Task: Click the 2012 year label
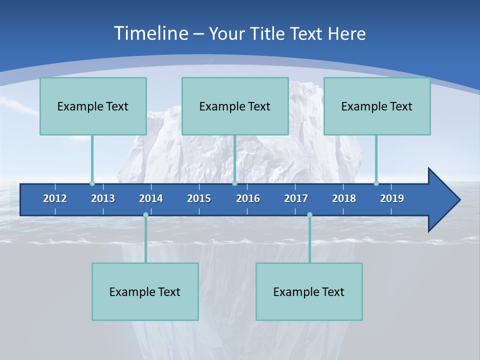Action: (55, 198)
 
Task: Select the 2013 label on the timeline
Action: (103, 198)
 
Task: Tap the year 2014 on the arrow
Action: (151, 198)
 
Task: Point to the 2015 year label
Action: (199, 198)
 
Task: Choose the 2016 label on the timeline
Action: (248, 198)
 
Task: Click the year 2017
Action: (296, 198)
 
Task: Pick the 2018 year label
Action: (344, 198)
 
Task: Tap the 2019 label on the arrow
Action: (392, 198)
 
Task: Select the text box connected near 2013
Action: (93, 106)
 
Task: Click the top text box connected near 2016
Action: (235, 106)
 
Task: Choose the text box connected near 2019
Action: (377, 106)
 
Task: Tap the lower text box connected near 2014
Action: (145, 291)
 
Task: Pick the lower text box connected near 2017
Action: (309, 291)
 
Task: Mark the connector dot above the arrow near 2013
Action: (92, 183)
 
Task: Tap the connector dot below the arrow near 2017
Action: (309, 215)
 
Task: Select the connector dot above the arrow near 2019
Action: (376, 183)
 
